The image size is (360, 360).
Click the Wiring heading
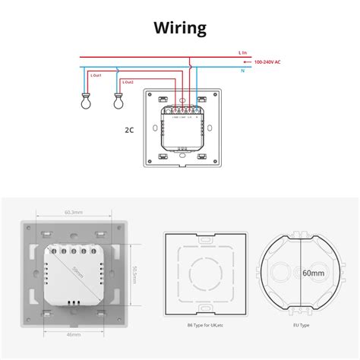[179, 28]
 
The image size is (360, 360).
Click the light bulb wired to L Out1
[85, 97]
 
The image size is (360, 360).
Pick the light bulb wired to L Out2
[118, 97]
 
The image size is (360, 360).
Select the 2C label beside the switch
[129, 129]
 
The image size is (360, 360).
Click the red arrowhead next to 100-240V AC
[245, 61]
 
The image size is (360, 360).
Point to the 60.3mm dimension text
[73, 212]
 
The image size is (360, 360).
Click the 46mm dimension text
[73, 333]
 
